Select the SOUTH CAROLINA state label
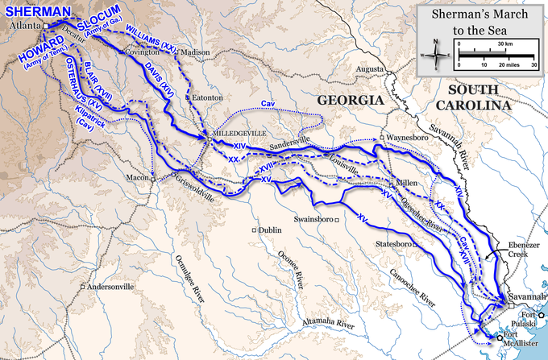click(x=480, y=97)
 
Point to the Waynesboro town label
click(x=407, y=138)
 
